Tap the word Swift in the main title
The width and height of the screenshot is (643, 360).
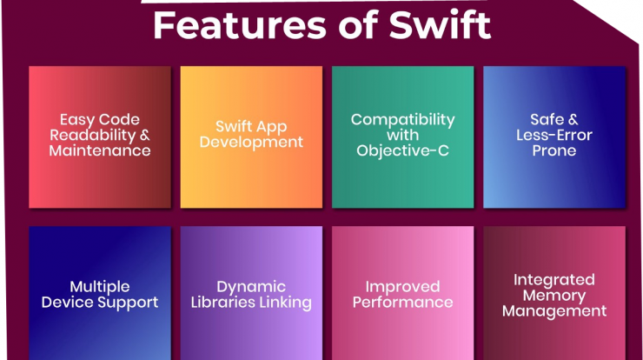440,24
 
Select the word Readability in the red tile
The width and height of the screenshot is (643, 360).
93,136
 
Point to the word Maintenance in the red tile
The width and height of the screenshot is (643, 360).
100,150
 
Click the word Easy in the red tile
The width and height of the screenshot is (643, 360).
77,120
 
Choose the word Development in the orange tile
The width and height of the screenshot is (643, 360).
251,143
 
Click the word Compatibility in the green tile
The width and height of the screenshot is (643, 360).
402,120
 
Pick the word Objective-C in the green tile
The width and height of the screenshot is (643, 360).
402,151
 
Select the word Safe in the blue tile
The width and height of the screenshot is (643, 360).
547,119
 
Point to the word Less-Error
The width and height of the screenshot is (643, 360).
554,135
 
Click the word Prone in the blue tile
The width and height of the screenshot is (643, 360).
554,150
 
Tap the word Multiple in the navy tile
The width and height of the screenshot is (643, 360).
100,287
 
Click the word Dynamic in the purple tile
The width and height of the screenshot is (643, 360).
251,287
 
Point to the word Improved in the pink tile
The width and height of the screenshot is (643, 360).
402,287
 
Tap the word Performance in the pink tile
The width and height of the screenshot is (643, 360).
402,303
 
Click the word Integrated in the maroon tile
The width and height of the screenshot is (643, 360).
554,280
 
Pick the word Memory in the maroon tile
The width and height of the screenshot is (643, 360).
554,296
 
